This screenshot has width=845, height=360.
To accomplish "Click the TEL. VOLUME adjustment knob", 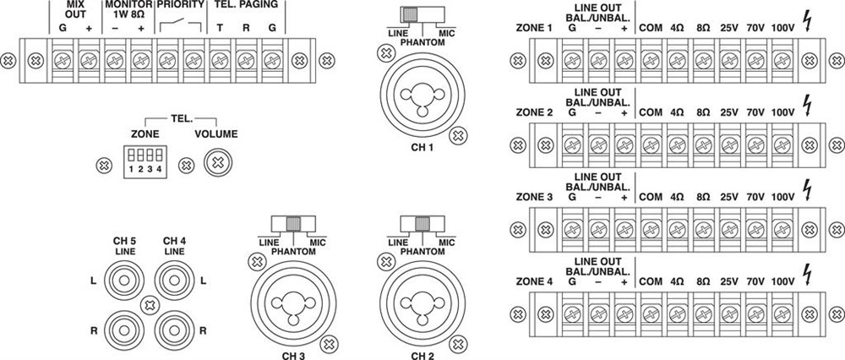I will tap(219, 161).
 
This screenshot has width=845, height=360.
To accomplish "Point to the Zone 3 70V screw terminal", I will tap(756, 229).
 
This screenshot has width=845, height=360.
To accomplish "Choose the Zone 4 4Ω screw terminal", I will tap(677, 313).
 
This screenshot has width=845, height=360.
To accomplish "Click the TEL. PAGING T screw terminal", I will tap(219, 61).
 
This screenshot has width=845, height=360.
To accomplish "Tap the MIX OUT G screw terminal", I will tap(62, 61).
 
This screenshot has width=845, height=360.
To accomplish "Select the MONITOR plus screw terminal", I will tap(140, 61).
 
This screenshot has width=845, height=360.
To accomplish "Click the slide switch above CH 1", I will tap(412, 14).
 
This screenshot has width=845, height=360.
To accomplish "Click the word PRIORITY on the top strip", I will tap(180, 4).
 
